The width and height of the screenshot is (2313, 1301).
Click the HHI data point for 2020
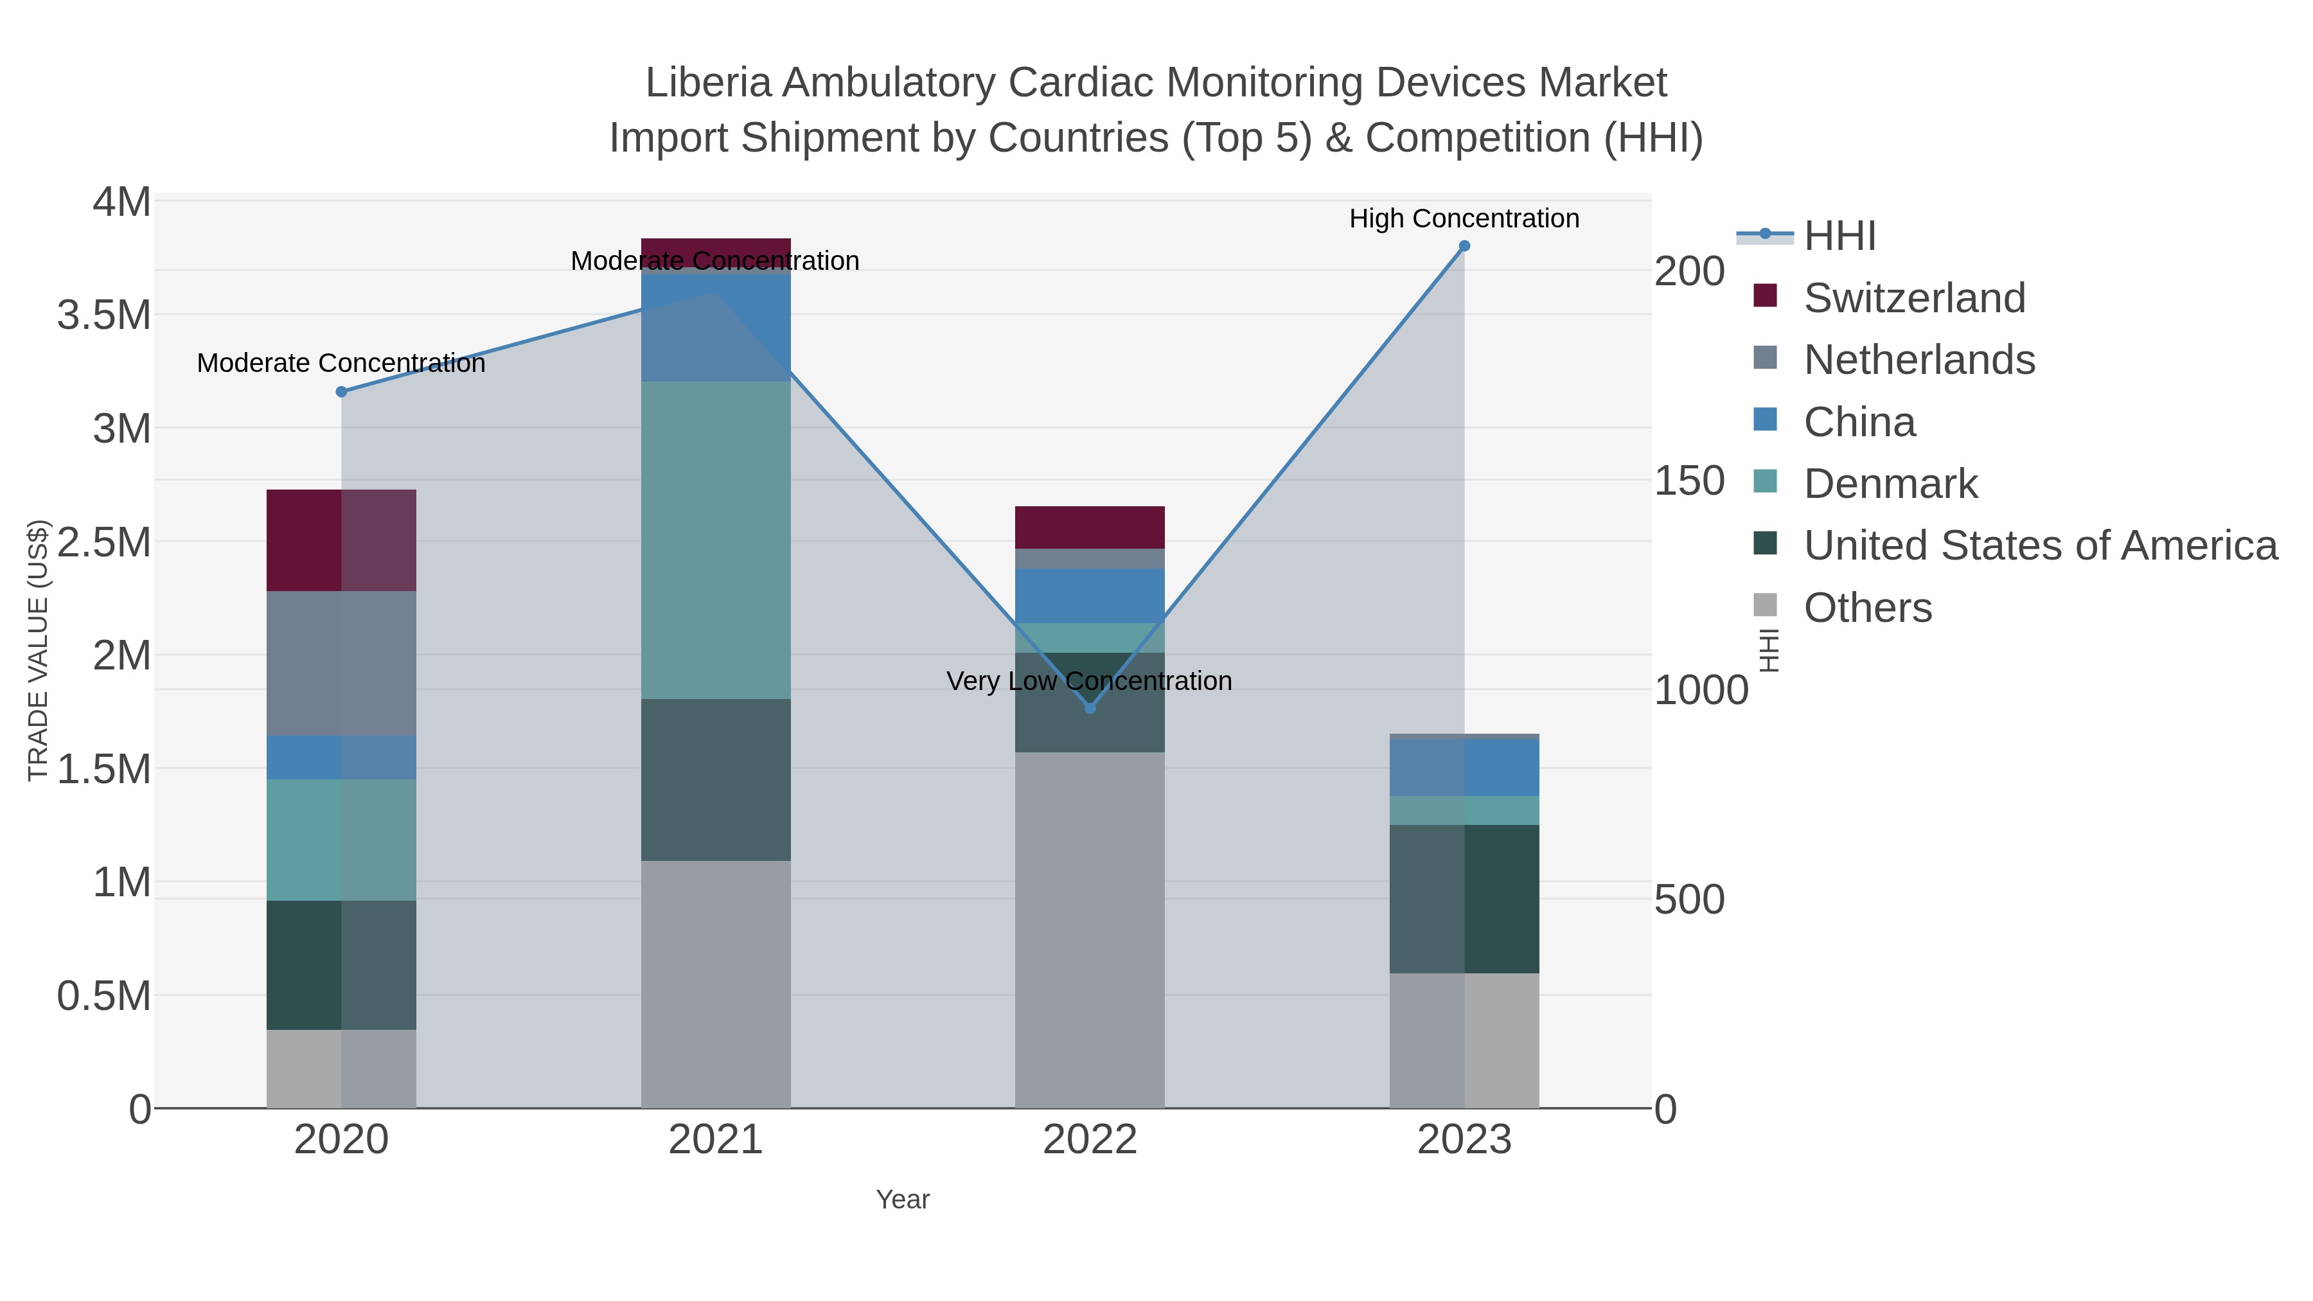pyautogui.click(x=341, y=391)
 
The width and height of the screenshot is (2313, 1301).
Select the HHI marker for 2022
pyautogui.click(x=1090, y=709)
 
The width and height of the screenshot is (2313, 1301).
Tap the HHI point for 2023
pyautogui.click(x=1464, y=246)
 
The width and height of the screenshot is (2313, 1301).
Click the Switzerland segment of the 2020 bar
pyautogui.click(x=341, y=540)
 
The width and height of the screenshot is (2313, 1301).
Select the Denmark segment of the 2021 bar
pyautogui.click(x=716, y=540)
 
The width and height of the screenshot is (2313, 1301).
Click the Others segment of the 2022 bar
pyautogui.click(x=1090, y=929)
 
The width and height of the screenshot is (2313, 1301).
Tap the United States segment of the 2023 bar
pyautogui.click(x=1464, y=899)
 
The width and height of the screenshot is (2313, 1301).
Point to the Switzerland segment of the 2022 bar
pyautogui.click(x=1090, y=527)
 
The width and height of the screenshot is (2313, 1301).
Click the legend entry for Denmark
pyautogui.click(x=1890, y=484)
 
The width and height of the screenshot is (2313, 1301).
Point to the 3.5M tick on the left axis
pyautogui.click(x=104, y=316)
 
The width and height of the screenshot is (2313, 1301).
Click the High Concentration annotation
pyautogui.click(x=1464, y=218)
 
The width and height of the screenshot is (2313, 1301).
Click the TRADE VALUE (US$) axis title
pyautogui.click(x=38, y=650)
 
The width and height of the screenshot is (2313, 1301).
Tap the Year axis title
pyautogui.click(x=903, y=1199)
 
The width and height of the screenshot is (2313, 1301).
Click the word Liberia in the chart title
pyautogui.click(x=709, y=83)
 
